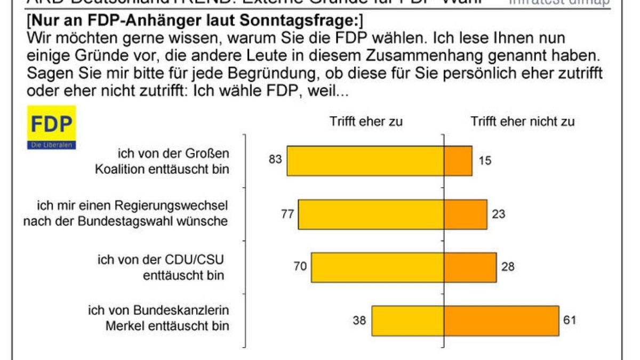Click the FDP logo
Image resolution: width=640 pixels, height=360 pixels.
(x=51, y=127)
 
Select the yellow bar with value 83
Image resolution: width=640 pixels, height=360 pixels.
(x=365, y=161)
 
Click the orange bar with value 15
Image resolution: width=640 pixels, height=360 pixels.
(x=458, y=161)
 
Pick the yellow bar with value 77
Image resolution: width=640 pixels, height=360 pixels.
(x=371, y=214)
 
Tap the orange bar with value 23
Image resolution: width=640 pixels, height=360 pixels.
(x=466, y=214)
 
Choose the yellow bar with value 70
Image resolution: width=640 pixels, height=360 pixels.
(x=378, y=267)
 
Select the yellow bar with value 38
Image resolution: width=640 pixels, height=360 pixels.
(x=407, y=321)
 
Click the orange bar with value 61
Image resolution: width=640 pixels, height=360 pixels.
(x=501, y=321)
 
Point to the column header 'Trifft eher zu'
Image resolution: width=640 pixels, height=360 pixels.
(x=365, y=122)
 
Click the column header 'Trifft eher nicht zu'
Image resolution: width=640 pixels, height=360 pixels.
(x=523, y=122)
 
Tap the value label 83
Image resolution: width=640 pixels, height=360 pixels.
(x=275, y=160)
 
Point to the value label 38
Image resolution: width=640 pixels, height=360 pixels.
(x=360, y=321)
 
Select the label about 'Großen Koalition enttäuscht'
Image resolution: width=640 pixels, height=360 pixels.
(x=163, y=162)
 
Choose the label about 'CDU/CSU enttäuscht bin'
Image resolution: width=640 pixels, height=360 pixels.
(x=161, y=268)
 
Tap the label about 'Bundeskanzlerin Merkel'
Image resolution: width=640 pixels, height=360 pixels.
(x=158, y=318)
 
